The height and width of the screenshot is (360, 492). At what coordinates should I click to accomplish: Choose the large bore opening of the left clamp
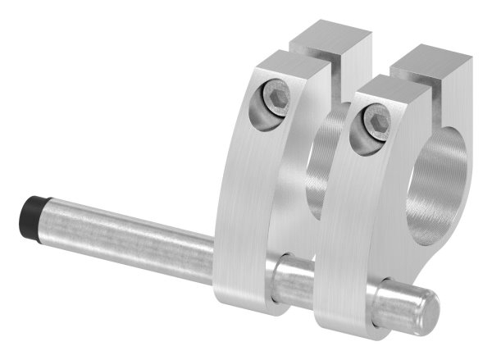point(324,164)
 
